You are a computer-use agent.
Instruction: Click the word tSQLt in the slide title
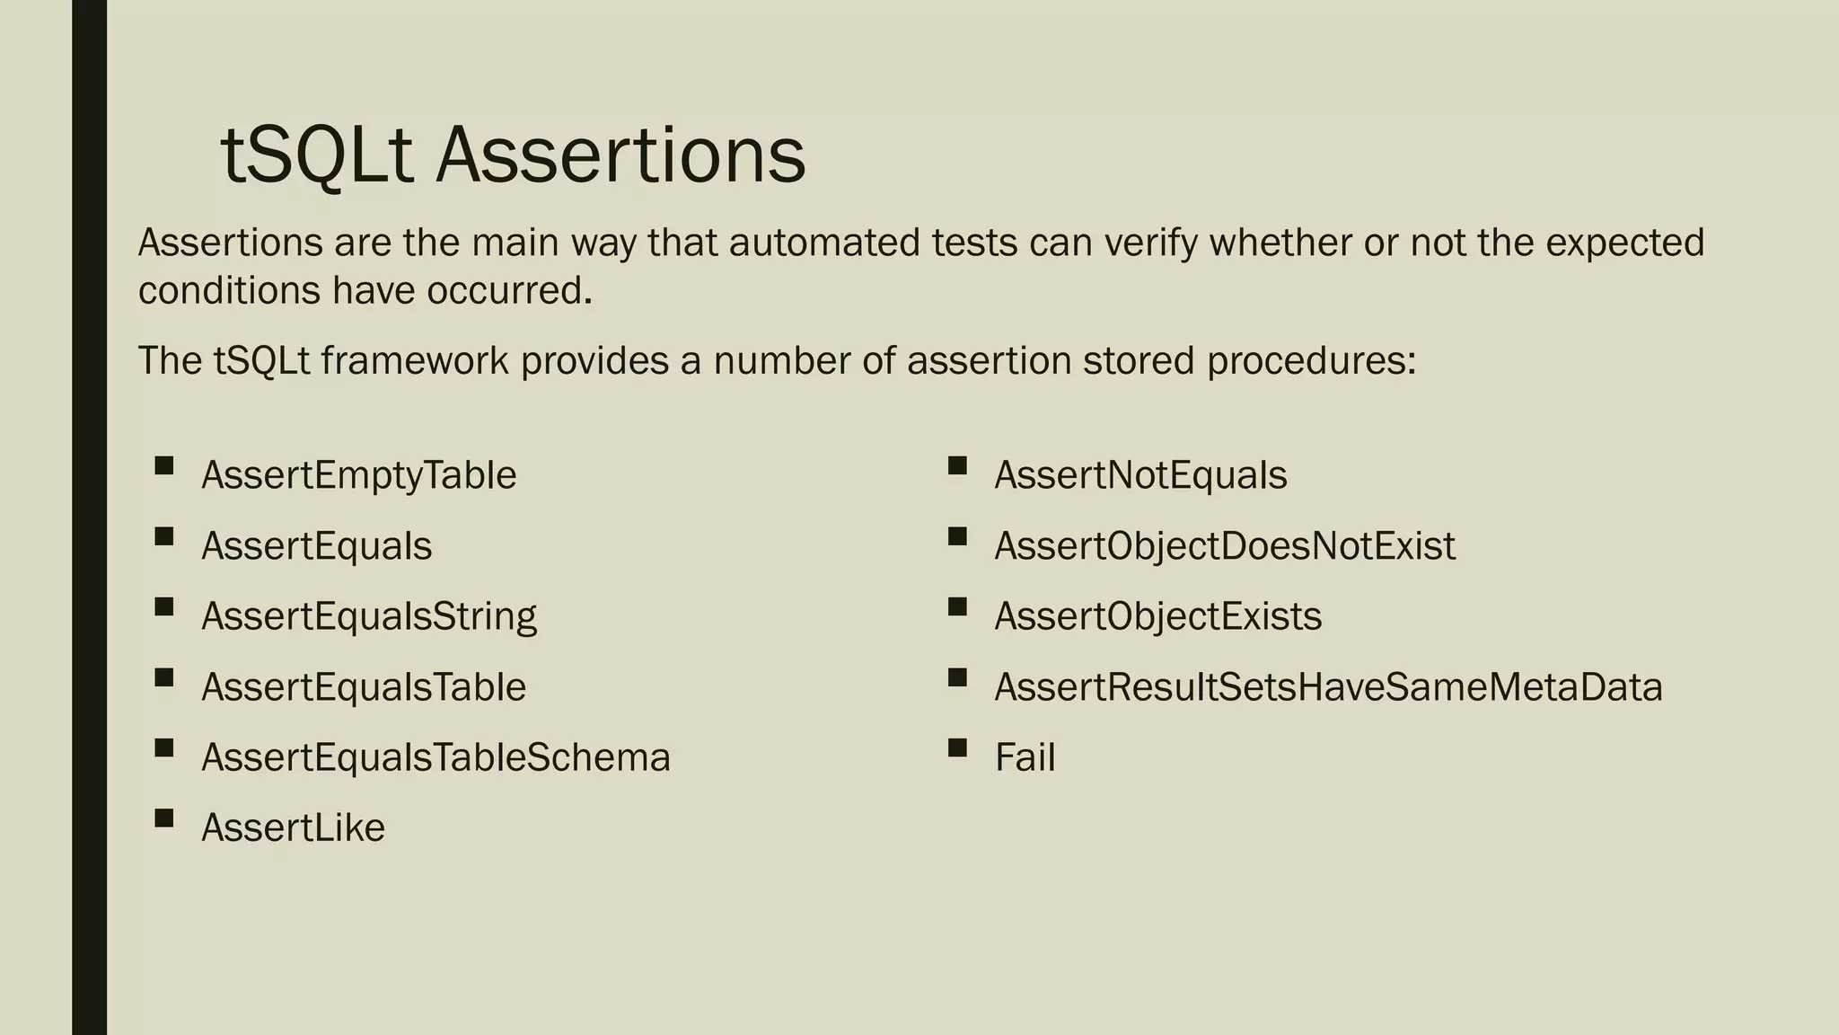pyautogui.click(x=316, y=156)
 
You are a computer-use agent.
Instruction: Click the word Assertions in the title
pyautogui.click(x=620, y=156)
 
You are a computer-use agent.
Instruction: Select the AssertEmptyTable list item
pyautogui.click(x=358, y=475)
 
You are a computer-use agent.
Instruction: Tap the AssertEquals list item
pyautogui.click(x=316, y=546)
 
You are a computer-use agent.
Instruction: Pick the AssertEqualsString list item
pyautogui.click(x=369, y=616)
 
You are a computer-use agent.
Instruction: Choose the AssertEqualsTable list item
pyautogui.click(x=364, y=687)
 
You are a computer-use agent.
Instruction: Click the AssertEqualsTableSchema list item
pyautogui.click(x=436, y=757)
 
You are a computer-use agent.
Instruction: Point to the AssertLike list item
pyautogui.click(x=293, y=827)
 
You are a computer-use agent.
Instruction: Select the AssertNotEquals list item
pyautogui.click(x=1140, y=475)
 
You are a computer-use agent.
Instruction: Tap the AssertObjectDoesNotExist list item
pyautogui.click(x=1225, y=546)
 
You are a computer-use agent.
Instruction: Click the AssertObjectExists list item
pyautogui.click(x=1157, y=616)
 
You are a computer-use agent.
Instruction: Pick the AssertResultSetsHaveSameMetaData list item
pyautogui.click(x=1328, y=687)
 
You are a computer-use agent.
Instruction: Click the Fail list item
pyautogui.click(x=1025, y=757)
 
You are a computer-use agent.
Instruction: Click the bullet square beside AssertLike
pyautogui.click(x=163, y=818)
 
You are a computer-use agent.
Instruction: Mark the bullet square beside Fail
pyautogui.click(x=957, y=747)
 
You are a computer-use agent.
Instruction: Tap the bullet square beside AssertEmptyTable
pyautogui.click(x=163, y=465)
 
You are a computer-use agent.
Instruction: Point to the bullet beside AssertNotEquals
pyautogui.click(x=957, y=465)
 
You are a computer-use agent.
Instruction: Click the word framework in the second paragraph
pyautogui.click(x=415, y=361)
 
